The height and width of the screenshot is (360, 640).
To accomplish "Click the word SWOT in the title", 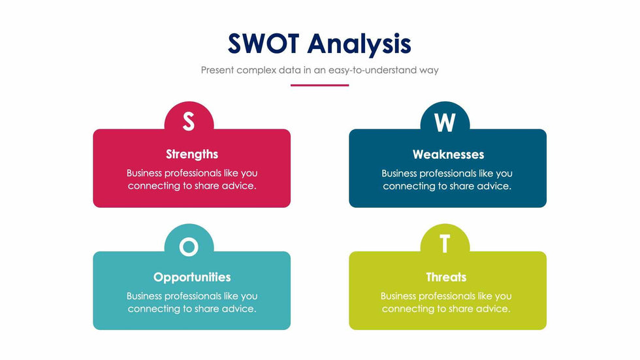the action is coord(263,44).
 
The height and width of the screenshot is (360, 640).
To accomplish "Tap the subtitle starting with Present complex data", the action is coord(319,70).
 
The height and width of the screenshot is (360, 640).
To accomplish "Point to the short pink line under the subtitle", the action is coord(319,86).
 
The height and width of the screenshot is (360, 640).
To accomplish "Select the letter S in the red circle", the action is coord(189,122).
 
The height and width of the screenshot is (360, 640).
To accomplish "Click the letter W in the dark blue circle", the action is coord(445,122).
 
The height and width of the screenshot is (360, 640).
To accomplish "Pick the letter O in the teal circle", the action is coord(189,246).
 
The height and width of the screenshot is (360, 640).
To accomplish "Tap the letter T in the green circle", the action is coord(445,244).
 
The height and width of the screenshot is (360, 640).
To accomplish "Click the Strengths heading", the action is coord(192,154).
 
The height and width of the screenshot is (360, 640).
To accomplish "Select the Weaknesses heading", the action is coord(448,154).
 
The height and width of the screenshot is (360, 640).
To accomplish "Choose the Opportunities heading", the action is coord(192,278).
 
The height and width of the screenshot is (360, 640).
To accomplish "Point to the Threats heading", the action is coord(446,277).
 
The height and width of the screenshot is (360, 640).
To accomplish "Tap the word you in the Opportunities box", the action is coord(249,297).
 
